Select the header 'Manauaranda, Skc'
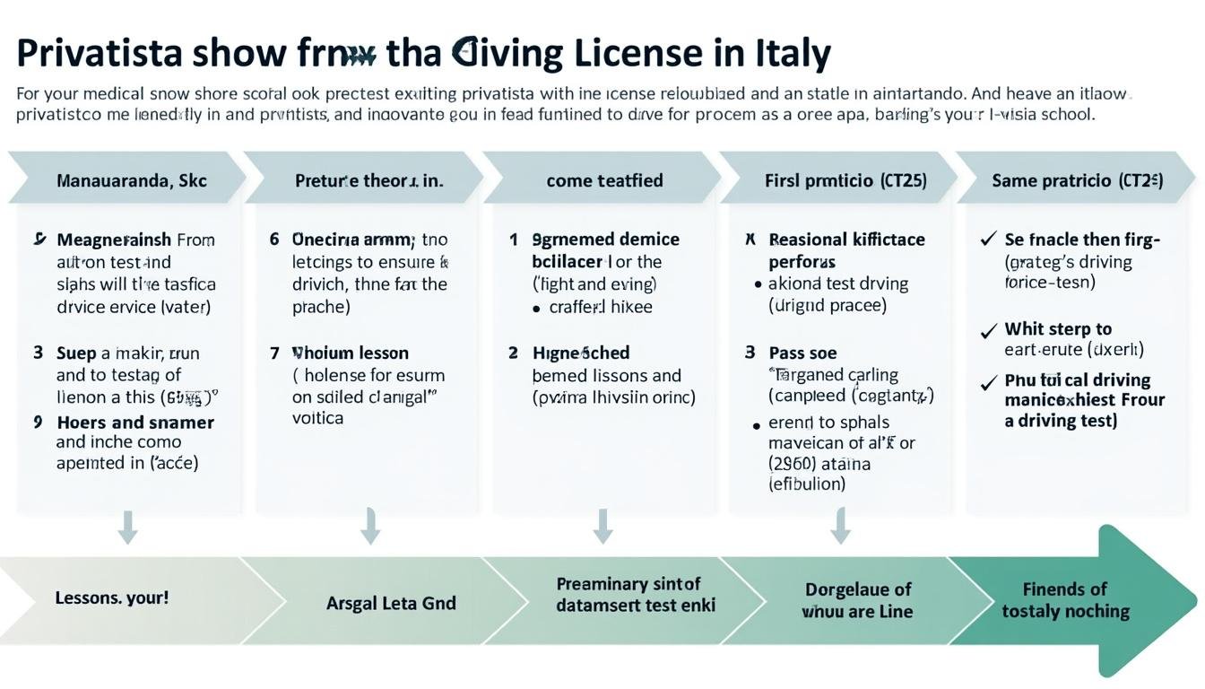(x=131, y=180)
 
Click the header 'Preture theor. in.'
(x=368, y=180)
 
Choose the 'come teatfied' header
(x=604, y=180)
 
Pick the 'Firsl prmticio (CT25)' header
(x=845, y=180)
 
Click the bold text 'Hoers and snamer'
(x=135, y=422)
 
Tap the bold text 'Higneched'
(x=581, y=353)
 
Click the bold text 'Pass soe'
(x=802, y=353)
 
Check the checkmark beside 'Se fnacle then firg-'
(x=989, y=240)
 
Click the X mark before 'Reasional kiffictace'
(x=750, y=240)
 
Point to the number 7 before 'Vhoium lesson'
(x=274, y=353)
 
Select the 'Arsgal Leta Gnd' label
(x=391, y=603)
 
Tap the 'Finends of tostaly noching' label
(x=1065, y=600)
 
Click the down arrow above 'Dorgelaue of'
(x=840, y=526)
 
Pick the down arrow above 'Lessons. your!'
(x=128, y=527)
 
